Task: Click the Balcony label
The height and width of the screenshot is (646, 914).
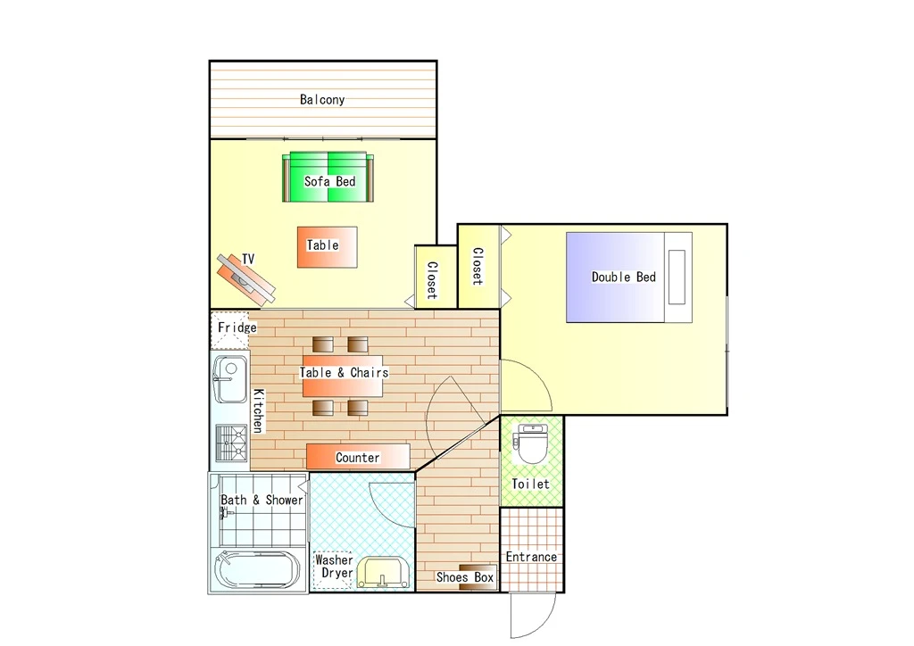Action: (x=322, y=100)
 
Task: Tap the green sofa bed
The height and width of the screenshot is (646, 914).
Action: (x=328, y=177)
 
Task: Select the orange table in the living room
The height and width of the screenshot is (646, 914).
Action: (x=327, y=247)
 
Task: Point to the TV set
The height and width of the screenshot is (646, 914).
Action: (x=245, y=279)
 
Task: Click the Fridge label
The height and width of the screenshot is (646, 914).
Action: (x=237, y=327)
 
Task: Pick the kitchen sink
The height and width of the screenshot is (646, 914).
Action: (x=230, y=379)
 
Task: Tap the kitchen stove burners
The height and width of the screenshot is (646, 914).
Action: (x=231, y=443)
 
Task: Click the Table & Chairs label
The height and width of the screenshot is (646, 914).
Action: (x=344, y=373)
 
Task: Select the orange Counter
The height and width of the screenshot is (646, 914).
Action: (x=358, y=457)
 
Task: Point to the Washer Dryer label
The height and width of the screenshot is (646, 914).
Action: (x=334, y=567)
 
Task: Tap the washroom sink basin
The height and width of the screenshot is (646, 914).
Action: (x=382, y=573)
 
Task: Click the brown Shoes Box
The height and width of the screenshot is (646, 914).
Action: (x=478, y=576)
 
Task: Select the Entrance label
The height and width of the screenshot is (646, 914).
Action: (x=531, y=557)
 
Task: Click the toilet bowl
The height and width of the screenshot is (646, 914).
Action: (x=532, y=443)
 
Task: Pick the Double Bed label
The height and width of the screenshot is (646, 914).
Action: (x=624, y=277)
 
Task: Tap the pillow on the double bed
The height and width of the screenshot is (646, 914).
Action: (x=677, y=277)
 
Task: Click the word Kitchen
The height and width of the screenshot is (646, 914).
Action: (x=258, y=410)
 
